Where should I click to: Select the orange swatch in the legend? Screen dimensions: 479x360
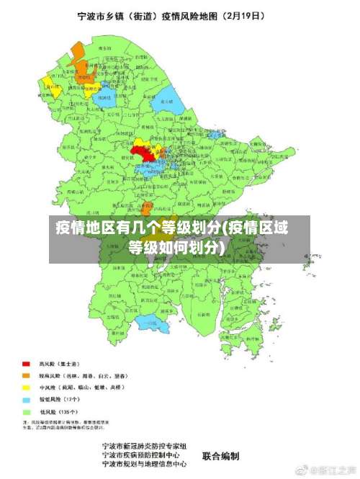25,375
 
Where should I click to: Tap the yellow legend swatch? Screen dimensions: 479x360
25,388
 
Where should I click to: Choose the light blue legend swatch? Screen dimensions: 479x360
25,399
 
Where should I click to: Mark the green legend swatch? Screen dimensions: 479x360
25,411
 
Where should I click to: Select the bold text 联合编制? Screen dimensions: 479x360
221,456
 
